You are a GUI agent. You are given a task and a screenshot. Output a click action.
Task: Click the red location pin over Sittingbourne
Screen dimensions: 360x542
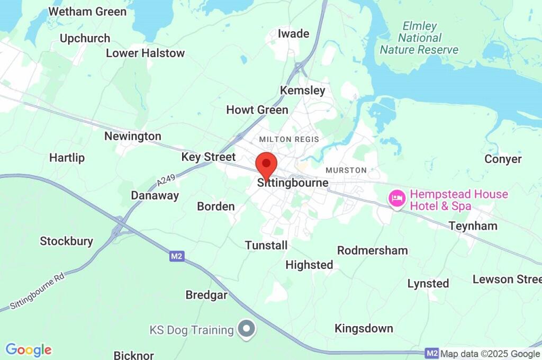click(266, 164)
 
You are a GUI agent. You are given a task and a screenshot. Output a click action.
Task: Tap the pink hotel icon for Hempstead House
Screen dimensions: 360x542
click(397, 199)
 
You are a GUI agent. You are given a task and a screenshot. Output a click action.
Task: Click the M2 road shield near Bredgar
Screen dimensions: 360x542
click(177, 256)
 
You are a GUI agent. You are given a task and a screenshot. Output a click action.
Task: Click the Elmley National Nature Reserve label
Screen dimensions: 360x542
click(419, 38)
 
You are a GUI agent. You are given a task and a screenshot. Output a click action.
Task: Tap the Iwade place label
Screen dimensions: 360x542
click(293, 34)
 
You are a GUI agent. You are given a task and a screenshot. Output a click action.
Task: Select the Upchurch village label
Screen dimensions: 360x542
click(85, 39)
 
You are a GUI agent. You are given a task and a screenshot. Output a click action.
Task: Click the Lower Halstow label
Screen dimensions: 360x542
click(145, 53)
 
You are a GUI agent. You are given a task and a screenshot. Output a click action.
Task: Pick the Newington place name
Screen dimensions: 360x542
click(132, 136)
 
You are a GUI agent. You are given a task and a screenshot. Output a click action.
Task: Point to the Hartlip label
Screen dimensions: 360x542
click(67, 158)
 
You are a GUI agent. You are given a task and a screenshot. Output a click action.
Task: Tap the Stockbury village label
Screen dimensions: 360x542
click(66, 241)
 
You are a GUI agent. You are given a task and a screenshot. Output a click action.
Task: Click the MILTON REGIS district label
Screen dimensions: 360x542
click(289, 139)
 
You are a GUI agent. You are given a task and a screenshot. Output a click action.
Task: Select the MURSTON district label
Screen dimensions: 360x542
click(346, 170)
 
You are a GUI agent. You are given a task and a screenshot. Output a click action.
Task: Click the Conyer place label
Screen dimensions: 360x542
click(503, 159)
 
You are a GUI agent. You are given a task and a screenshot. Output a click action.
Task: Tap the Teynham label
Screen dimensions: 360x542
click(473, 226)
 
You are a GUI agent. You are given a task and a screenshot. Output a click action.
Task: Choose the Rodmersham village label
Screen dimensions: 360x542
click(373, 250)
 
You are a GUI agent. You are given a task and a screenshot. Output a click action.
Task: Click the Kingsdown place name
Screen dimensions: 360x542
click(364, 329)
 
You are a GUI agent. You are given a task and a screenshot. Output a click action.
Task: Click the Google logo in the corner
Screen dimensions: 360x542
click(29, 350)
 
